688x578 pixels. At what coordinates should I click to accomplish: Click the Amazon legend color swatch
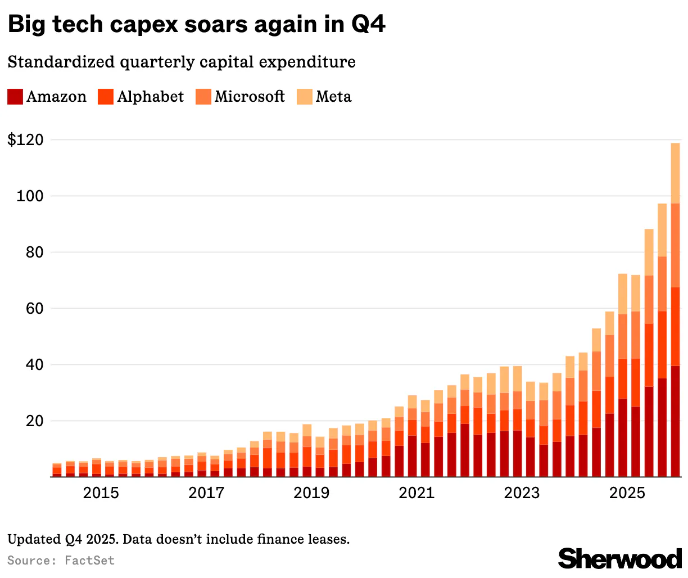tap(15, 97)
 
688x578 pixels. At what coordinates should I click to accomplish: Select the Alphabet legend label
tap(150, 97)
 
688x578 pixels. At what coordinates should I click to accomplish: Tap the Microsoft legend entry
tap(249, 97)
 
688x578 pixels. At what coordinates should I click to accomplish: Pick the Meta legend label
tap(333, 97)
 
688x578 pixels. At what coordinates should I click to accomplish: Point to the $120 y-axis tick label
tap(25, 140)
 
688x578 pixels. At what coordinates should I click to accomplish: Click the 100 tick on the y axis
tap(29, 196)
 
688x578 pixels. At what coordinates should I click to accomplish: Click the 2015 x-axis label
tap(101, 493)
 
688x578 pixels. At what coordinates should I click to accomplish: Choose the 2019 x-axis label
tap(311, 493)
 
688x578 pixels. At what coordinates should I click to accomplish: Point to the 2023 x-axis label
tap(522, 493)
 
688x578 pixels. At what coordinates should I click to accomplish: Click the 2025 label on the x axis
tap(627, 493)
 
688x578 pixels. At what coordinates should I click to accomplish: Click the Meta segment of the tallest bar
tap(675, 173)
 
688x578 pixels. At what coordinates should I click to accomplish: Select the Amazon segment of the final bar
tap(675, 421)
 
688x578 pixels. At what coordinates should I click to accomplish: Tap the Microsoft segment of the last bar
tap(675, 245)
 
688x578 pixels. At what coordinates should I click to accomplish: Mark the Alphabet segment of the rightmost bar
tap(675, 326)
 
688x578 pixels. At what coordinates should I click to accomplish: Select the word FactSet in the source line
tap(90, 561)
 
